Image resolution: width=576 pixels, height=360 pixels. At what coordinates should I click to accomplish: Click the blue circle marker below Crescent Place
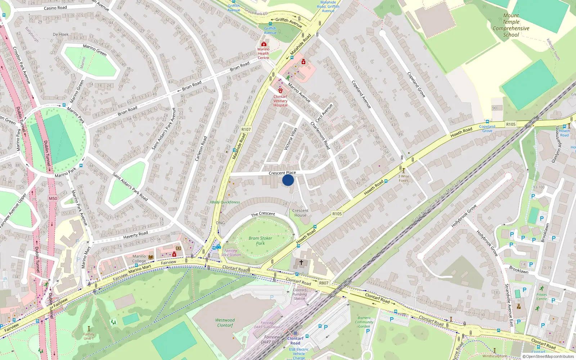(x=288, y=180)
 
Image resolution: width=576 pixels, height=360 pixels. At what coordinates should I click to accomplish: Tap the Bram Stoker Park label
(x=260, y=241)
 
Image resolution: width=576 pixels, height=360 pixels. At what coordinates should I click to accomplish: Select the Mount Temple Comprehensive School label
(x=511, y=25)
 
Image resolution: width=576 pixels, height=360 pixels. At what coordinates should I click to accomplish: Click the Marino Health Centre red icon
(x=264, y=44)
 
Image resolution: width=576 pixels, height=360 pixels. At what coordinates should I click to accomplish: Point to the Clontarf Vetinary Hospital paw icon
(x=280, y=91)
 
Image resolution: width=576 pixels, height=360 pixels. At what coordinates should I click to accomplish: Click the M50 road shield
(x=53, y=198)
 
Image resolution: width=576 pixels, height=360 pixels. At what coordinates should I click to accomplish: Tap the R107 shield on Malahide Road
(x=246, y=129)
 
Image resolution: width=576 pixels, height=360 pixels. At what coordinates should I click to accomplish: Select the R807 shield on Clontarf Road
(x=324, y=283)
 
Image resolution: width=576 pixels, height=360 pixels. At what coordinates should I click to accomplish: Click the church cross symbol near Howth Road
(x=301, y=262)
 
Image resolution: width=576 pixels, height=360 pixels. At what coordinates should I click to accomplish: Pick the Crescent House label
(x=300, y=213)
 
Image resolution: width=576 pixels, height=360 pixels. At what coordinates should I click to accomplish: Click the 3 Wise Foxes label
(x=404, y=178)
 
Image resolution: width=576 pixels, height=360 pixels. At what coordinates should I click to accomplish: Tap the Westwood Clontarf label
(x=225, y=323)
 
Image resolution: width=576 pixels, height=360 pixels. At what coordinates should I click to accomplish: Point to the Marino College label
(x=139, y=258)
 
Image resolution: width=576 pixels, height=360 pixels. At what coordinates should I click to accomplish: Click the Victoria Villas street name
(x=291, y=139)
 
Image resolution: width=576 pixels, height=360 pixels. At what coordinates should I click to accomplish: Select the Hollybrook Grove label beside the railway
(x=464, y=216)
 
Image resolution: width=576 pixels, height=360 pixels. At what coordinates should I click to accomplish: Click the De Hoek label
(x=60, y=35)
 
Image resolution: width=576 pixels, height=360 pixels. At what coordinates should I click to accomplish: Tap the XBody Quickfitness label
(x=225, y=202)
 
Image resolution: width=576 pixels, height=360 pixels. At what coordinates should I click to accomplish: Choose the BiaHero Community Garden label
(x=364, y=322)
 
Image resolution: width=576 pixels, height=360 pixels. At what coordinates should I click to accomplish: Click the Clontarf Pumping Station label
(x=299, y=294)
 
